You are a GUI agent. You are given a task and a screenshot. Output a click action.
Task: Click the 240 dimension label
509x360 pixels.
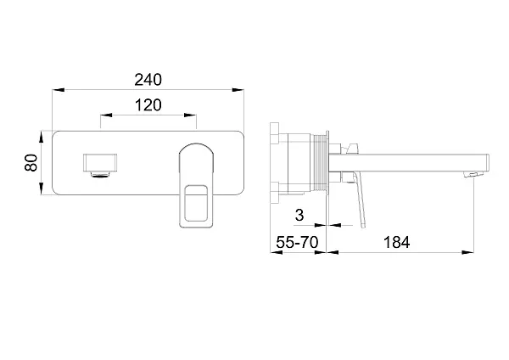(x=148, y=80)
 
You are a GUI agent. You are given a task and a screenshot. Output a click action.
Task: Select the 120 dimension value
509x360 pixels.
(x=148, y=105)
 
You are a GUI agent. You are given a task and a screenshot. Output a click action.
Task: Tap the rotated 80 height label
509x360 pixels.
(x=31, y=162)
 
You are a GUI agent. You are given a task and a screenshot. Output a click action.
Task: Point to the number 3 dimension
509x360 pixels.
(x=299, y=215)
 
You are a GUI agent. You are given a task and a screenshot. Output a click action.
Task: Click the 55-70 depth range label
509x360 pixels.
(x=298, y=242)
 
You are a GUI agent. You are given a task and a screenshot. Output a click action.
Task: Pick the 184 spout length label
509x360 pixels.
(x=397, y=242)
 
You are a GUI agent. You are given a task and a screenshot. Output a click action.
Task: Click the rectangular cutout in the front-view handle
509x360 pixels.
(x=196, y=204)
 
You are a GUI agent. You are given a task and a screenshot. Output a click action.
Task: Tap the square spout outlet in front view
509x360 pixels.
(x=100, y=162)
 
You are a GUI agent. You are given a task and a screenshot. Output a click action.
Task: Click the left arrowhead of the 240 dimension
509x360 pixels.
(x=59, y=90)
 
